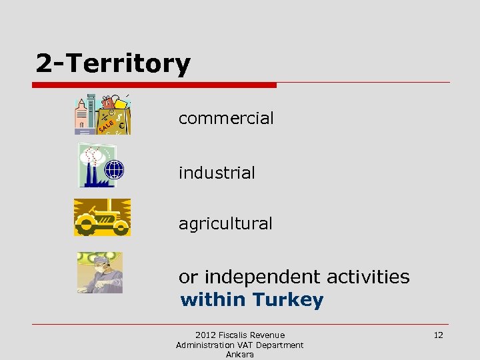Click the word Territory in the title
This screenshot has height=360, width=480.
click(x=129, y=64)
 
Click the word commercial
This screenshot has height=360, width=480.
click(x=226, y=119)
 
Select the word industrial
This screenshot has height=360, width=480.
click(x=217, y=173)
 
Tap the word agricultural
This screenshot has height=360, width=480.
click(x=225, y=224)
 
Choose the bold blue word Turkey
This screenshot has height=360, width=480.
click(x=288, y=300)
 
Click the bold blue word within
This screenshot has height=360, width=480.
click(x=213, y=300)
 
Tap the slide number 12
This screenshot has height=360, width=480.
click(x=438, y=335)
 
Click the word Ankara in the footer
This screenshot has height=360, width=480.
click(x=240, y=355)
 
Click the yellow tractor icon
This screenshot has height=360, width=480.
click(x=102, y=217)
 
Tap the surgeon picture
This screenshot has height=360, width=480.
click(x=99, y=272)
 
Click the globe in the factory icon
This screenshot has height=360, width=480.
click(x=115, y=169)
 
